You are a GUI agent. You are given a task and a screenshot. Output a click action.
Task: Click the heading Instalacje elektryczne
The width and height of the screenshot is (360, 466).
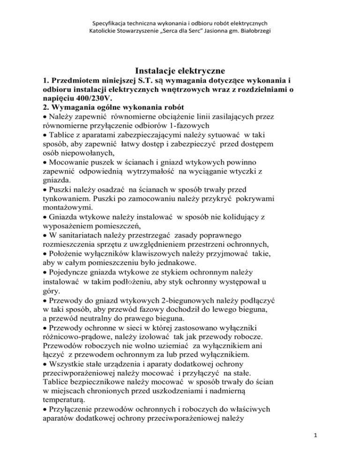click(x=180, y=70)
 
